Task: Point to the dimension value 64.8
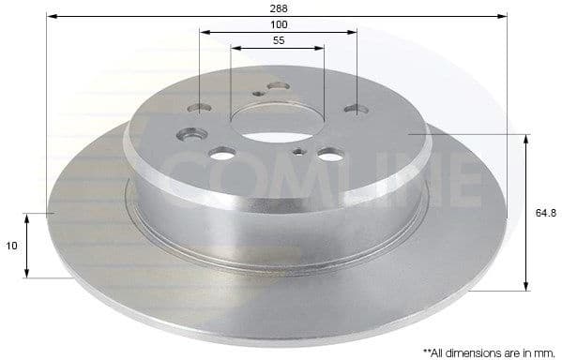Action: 544,213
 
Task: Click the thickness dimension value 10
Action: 11,245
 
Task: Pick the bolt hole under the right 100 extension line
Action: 357,108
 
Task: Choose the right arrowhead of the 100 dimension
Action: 354,31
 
